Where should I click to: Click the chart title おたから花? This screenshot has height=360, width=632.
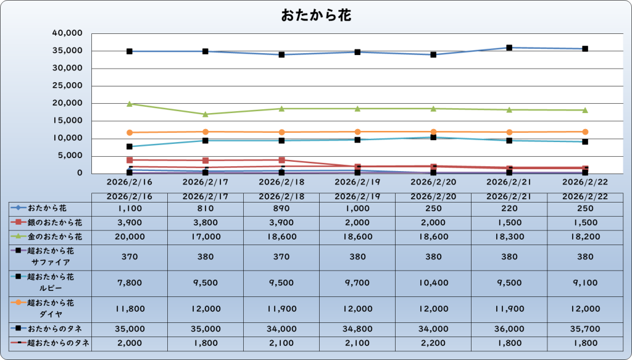(316, 15)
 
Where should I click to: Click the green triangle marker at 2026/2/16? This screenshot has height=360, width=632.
(130, 104)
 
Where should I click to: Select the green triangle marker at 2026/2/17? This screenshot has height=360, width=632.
(206, 114)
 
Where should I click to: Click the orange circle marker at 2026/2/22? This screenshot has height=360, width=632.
(585, 132)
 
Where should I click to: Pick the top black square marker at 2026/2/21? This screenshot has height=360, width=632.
(509, 48)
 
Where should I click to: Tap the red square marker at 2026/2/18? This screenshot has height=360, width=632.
(281, 160)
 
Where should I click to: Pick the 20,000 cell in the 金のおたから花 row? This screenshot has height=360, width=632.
(130, 236)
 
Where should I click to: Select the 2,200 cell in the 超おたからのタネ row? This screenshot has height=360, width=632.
(433, 343)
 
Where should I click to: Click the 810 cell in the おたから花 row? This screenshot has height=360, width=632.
(206, 209)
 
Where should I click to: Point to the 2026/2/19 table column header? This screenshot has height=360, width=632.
(357, 196)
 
